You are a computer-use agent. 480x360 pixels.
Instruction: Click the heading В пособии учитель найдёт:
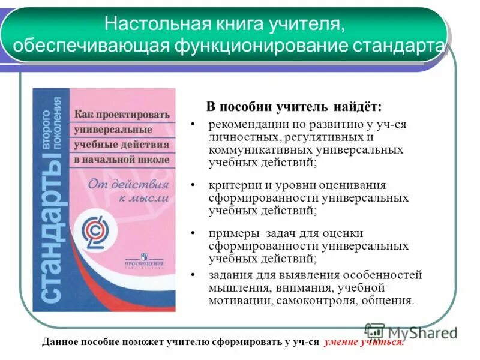[x=293, y=107]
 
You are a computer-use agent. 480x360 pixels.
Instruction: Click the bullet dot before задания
[x=193, y=275]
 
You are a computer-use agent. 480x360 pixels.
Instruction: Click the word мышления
[x=234, y=288]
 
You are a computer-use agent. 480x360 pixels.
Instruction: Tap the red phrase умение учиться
[x=364, y=342]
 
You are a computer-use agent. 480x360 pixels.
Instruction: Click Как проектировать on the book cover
[x=122, y=114]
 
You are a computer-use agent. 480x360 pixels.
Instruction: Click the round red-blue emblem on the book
[x=96, y=230]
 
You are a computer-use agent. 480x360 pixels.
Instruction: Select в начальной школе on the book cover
[x=121, y=160]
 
